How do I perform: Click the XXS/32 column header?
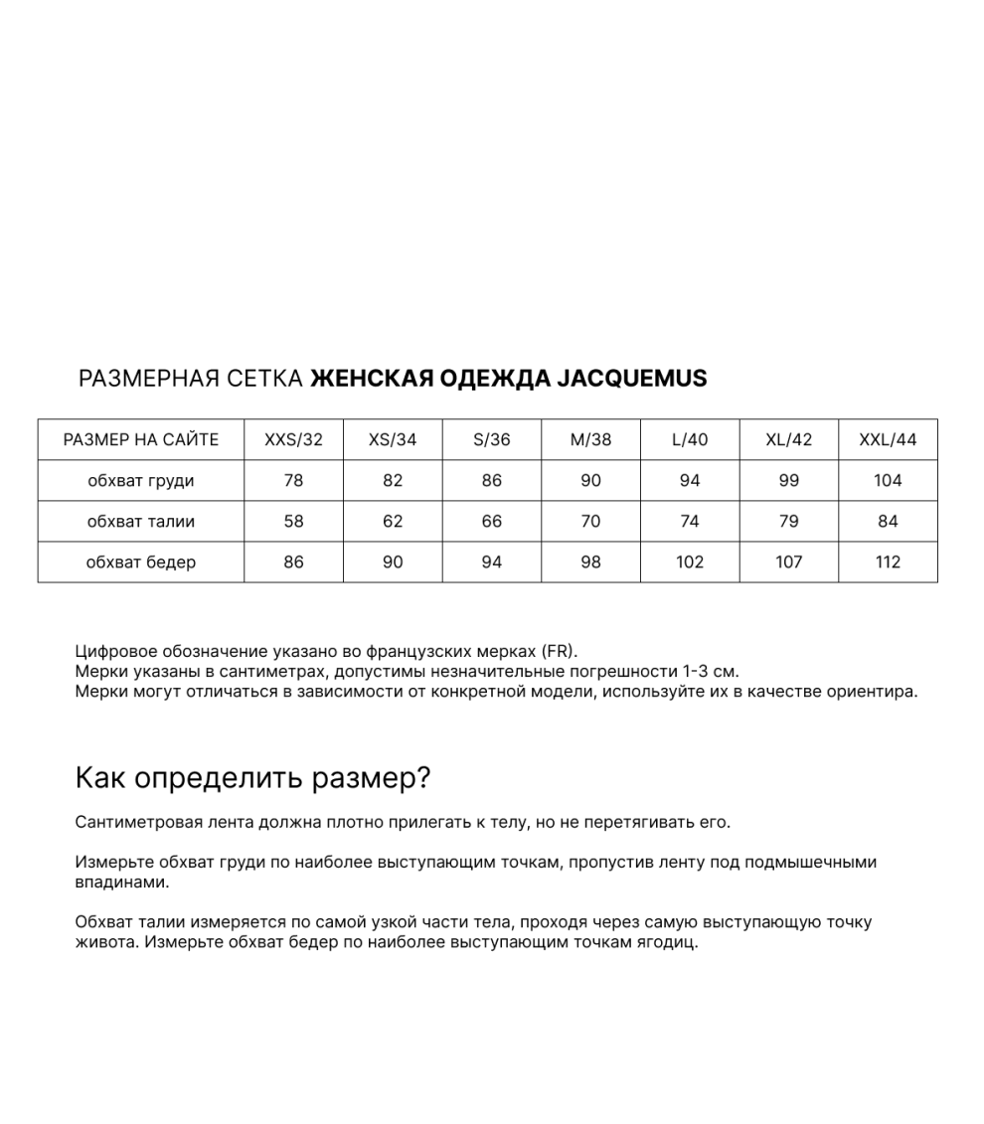click(x=293, y=440)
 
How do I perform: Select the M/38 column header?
click(x=590, y=440)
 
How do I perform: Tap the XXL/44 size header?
click(x=888, y=440)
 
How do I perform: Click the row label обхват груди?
click(x=141, y=481)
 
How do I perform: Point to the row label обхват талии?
click(x=141, y=522)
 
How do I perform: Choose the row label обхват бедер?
click(x=141, y=562)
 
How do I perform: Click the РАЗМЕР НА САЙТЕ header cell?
click(x=141, y=440)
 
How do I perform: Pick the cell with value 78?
click(x=293, y=481)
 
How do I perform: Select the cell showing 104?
click(x=888, y=481)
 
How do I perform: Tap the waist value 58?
click(x=293, y=522)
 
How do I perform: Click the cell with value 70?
click(x=590, y=522)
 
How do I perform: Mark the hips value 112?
click(x=888, y=562)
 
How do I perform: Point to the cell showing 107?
click(x=788, y=562)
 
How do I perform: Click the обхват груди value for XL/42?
click(x=788, y=481)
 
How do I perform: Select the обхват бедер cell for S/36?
click(x=491, y=562)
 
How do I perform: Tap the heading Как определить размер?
click(x=252, y=778)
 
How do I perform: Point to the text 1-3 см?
click(x=711, y=672)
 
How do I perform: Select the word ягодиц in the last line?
click(x=668, y=942)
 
